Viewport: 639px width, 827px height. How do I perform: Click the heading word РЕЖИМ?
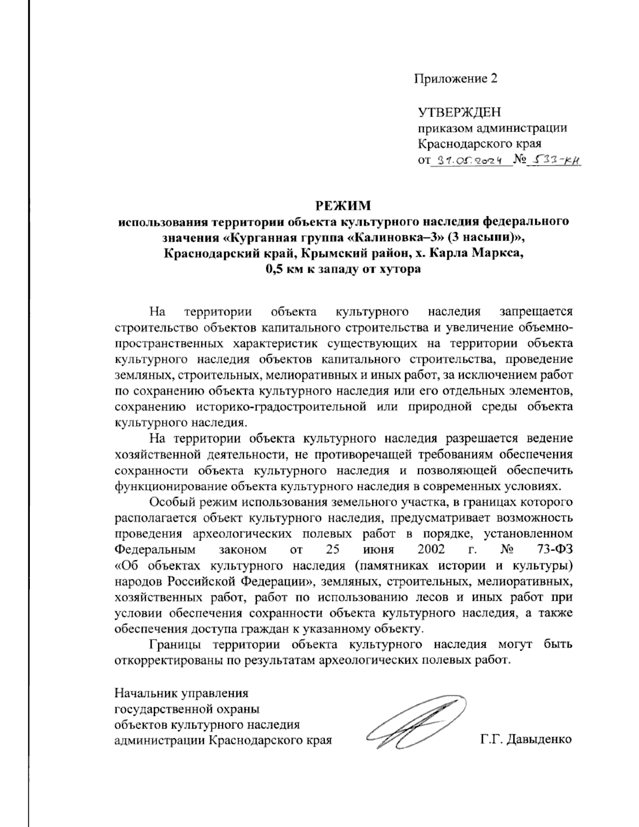tap(343, 206)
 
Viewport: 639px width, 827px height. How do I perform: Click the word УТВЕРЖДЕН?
tap(459, 112)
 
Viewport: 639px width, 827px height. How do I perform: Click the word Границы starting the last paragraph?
tap(175, 644)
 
